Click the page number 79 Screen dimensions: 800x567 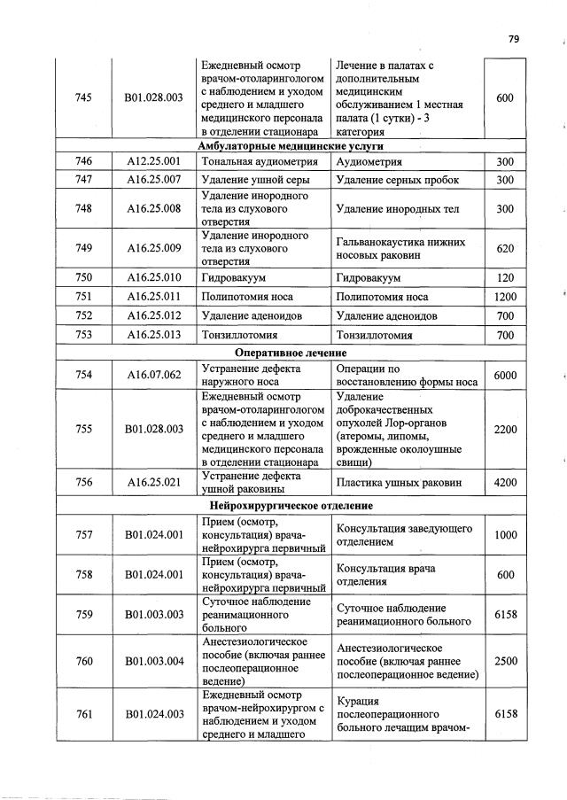click(x=514, y=38)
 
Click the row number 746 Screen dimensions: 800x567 click(x=84, y=162)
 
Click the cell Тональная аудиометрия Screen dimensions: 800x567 click(x=251, y=162)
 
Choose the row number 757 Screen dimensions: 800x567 click(x=84, y=534)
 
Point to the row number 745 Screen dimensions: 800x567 click(x=84, y=97)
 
